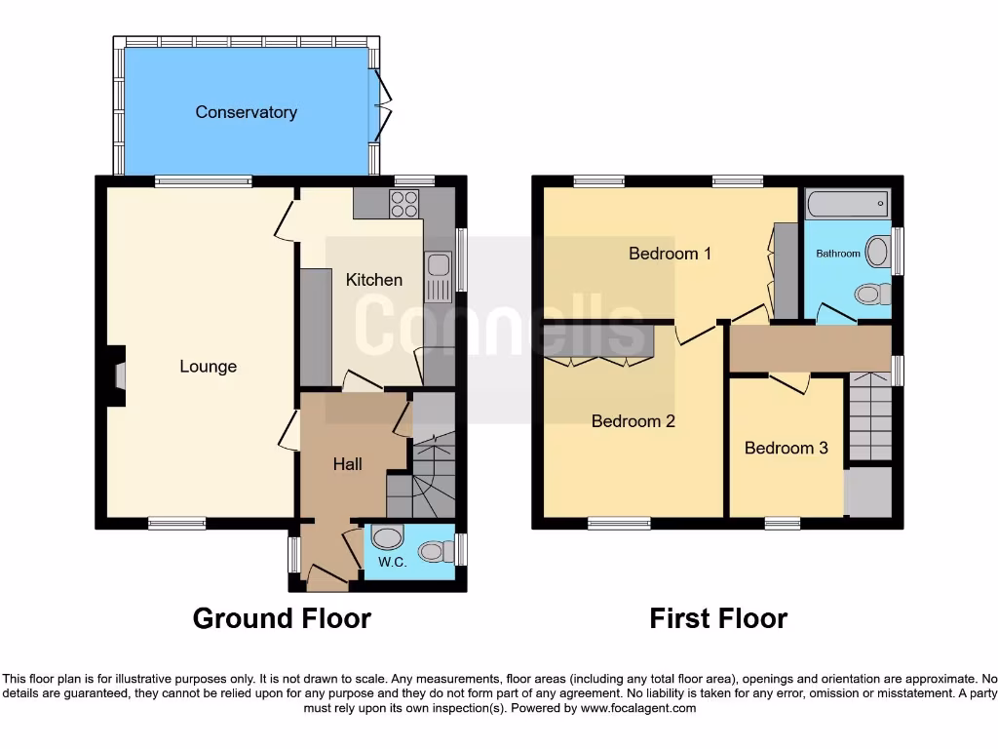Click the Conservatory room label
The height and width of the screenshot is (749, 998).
[246, 112]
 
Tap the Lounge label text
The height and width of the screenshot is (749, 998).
[208, 367]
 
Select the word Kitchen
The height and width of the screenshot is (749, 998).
[373, 280]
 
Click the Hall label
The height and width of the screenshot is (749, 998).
[347, 464]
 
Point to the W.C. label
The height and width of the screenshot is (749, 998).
[392, 563]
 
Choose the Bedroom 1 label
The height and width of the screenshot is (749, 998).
[670, 254]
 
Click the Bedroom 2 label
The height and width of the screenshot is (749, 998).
[633, 421]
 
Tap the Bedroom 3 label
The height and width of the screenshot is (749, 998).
[786, 448]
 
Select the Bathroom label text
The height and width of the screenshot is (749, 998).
[838, 254]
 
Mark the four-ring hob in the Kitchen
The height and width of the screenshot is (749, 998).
[404, 204]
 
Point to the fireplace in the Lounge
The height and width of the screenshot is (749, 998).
[117, 375]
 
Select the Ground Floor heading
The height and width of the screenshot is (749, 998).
[282, 618]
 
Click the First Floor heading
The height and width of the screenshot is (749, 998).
[718, 618]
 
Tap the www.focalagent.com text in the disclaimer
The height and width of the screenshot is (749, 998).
[637, 709]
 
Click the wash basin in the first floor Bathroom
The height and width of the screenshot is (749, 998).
[877, 252]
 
